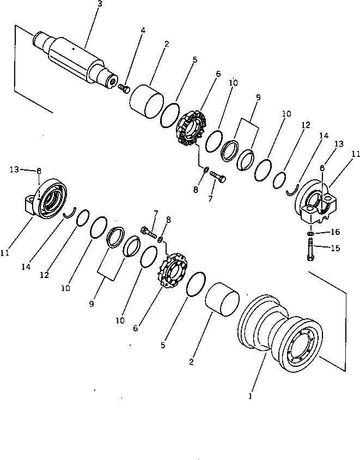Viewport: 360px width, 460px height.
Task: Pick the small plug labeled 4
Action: coord(124,87)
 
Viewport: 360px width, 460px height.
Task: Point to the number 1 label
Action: coord(251,396)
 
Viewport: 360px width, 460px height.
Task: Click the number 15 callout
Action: coord(335,249)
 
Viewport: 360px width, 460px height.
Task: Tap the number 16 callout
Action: coord(335,232)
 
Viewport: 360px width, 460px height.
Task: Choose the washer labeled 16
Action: coord(309,234)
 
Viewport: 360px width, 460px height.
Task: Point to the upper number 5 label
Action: coord(194,59)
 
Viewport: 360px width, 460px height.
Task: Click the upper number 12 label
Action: coord(305,125)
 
